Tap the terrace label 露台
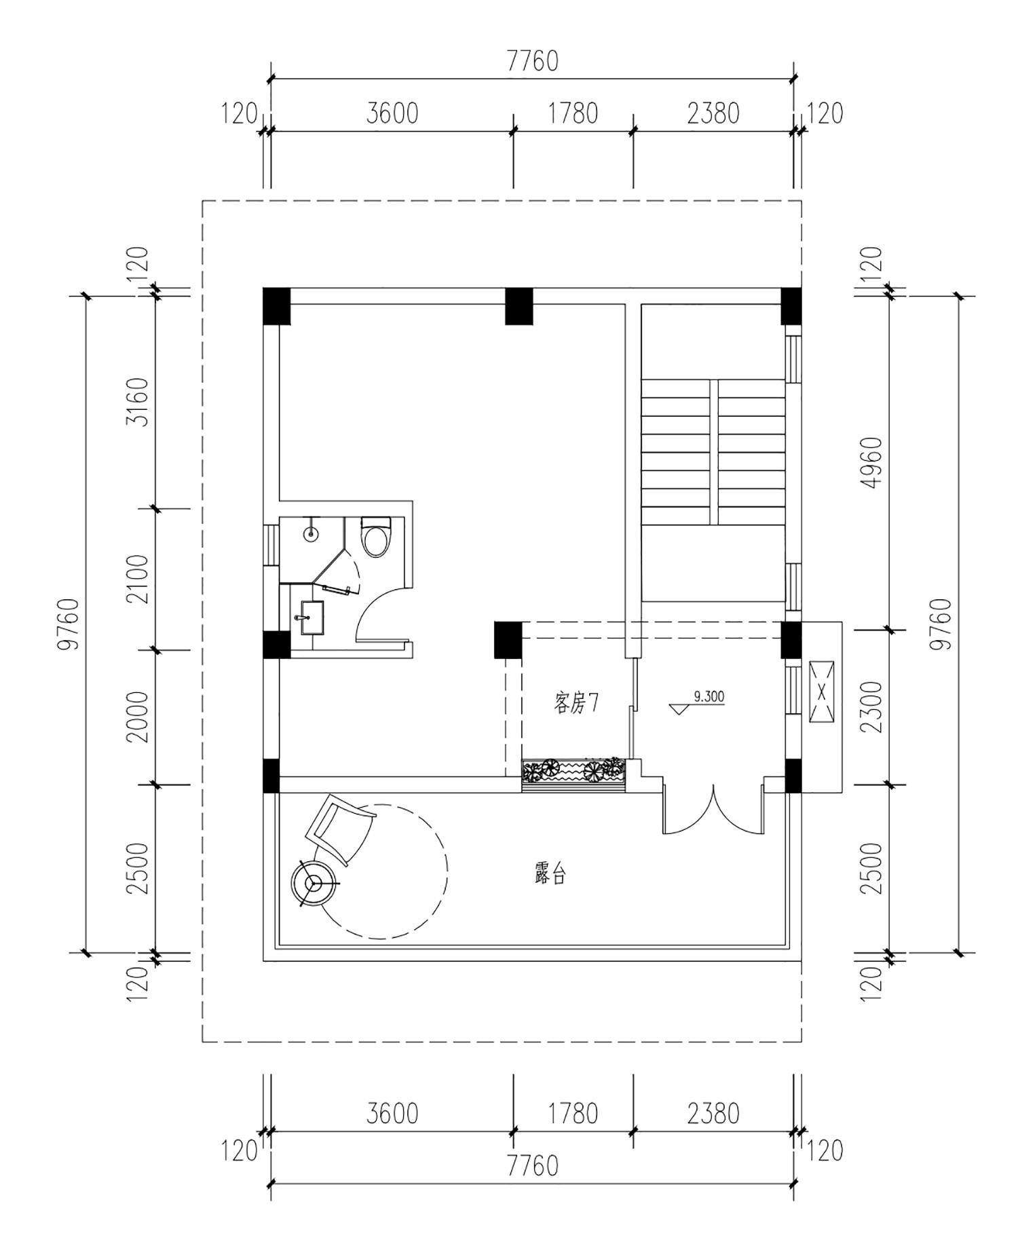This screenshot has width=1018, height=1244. coord(550,875)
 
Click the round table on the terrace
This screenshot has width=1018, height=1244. coord(314,883)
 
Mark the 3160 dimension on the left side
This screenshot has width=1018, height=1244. coord(140,401)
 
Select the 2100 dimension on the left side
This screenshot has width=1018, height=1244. coord(140,579)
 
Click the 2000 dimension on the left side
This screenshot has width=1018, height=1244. coord(140,717)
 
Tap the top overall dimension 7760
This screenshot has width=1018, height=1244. coord(533,62)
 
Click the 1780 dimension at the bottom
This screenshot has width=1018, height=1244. coord(573,1114)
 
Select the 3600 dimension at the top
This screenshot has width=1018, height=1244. coord(392,113)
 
